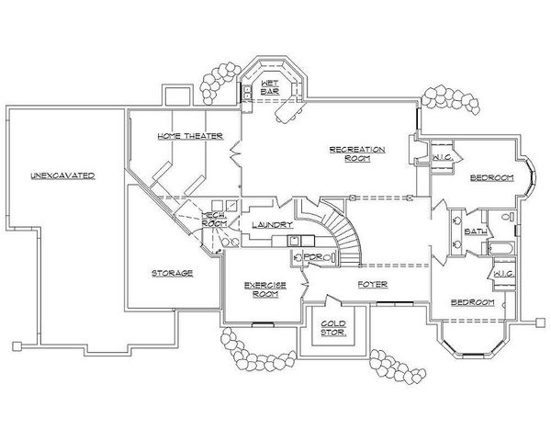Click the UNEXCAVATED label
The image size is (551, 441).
(62, 175)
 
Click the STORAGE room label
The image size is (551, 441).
(173, 273)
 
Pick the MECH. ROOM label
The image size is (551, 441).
(215, 219)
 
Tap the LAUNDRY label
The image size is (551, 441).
(272, 224)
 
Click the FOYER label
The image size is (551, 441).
(372, 285)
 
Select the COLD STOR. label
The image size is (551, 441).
(332, 328)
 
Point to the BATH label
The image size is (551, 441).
(476, 232)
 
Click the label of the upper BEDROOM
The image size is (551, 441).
(491, 176)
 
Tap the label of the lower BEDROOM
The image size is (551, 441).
(472, 302)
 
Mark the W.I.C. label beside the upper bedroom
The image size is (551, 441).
(440, 158)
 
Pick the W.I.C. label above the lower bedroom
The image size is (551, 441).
(501, 273)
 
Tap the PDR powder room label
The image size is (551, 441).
(313, 257)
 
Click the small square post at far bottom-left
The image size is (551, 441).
(17, 345)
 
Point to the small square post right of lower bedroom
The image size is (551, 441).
(537, 322)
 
